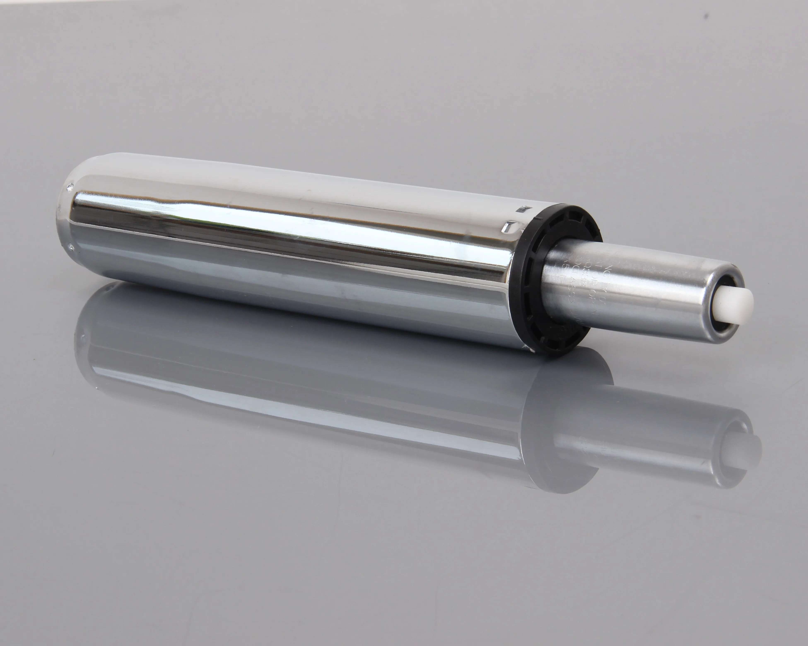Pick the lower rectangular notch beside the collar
[509, 226]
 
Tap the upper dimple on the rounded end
[70, 186]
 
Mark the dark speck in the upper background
[707, 16]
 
